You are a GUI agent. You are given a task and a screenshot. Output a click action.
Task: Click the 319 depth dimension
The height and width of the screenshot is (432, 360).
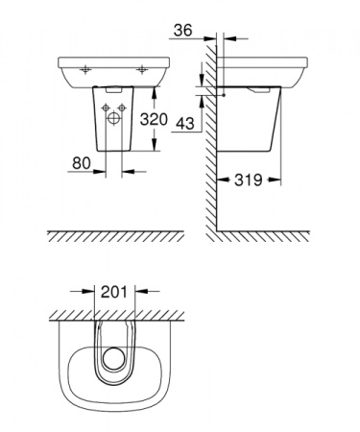[x=248, y=179]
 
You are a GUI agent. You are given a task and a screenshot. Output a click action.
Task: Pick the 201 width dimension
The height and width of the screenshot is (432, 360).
[x=114, y=288]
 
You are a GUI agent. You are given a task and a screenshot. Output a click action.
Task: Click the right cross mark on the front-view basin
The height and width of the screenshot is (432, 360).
[x=142, y=68]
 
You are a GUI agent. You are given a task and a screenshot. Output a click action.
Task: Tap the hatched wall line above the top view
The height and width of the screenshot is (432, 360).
[x=115, y=314]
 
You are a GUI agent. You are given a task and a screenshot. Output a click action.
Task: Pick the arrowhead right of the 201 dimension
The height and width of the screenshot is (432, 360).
[x=142, y=289]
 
